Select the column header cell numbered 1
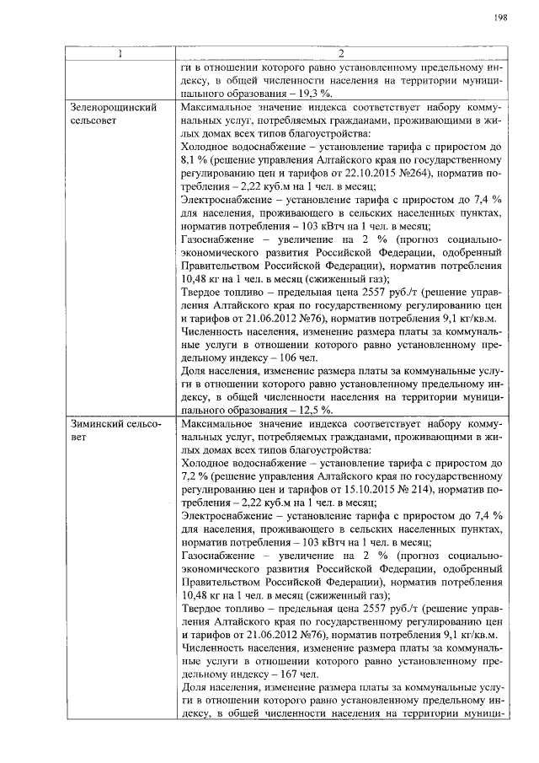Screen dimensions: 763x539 pyautogui.click(x=120, y=55)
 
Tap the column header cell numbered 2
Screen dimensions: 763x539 pyautogui.click(x=340, y=55)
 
